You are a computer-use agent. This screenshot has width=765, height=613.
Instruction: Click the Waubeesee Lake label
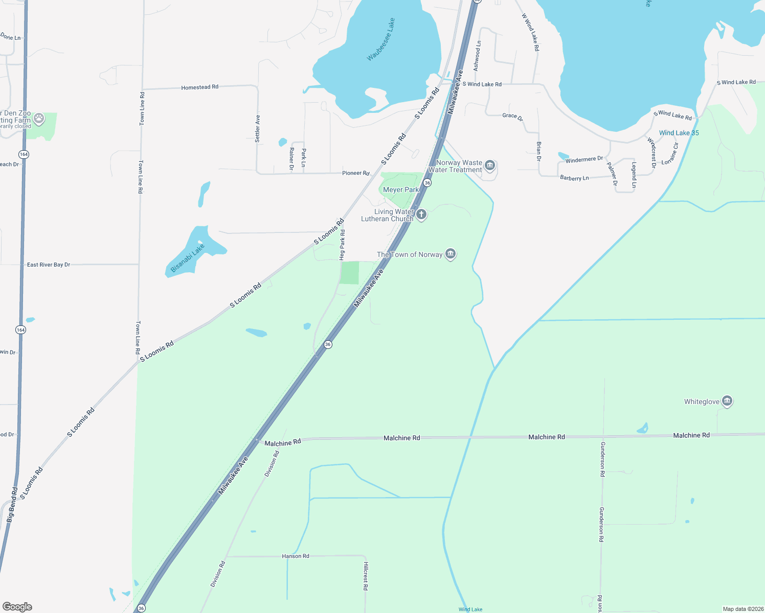[381, 40]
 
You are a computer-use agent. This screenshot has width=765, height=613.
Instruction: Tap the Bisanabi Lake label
[188, 258]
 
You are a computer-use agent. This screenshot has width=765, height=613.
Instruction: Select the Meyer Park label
[400, 190]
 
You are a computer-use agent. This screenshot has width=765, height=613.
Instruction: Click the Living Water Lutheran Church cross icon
[421, 215]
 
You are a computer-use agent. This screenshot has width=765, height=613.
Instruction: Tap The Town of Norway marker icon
[451, 254]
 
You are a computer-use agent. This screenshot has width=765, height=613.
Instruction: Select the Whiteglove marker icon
[727, 402]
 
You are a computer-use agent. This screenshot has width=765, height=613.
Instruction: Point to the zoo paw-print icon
[39, 119]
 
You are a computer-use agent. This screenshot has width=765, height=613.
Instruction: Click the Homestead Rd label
[199, 87]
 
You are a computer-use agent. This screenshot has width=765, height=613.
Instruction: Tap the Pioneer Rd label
[355, 173]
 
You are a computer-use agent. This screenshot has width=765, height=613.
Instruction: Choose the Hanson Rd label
[296, 556]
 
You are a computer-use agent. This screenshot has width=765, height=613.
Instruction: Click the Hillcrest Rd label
[366, 576]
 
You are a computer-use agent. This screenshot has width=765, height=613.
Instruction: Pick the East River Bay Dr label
[49, 265]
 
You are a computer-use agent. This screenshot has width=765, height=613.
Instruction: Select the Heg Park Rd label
[342, 245]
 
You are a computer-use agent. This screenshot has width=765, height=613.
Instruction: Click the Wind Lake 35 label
[679, 133]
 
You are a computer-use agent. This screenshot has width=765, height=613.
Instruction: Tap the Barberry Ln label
[574, 178]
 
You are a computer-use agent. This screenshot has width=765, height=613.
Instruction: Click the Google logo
[17, 607]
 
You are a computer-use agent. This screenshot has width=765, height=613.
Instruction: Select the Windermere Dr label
[584, 160]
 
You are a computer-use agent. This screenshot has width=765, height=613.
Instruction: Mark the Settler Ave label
[258, 128]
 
